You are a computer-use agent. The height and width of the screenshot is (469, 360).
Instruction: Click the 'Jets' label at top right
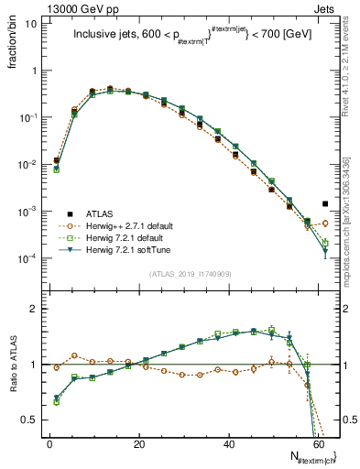click(x=327, y=7)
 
